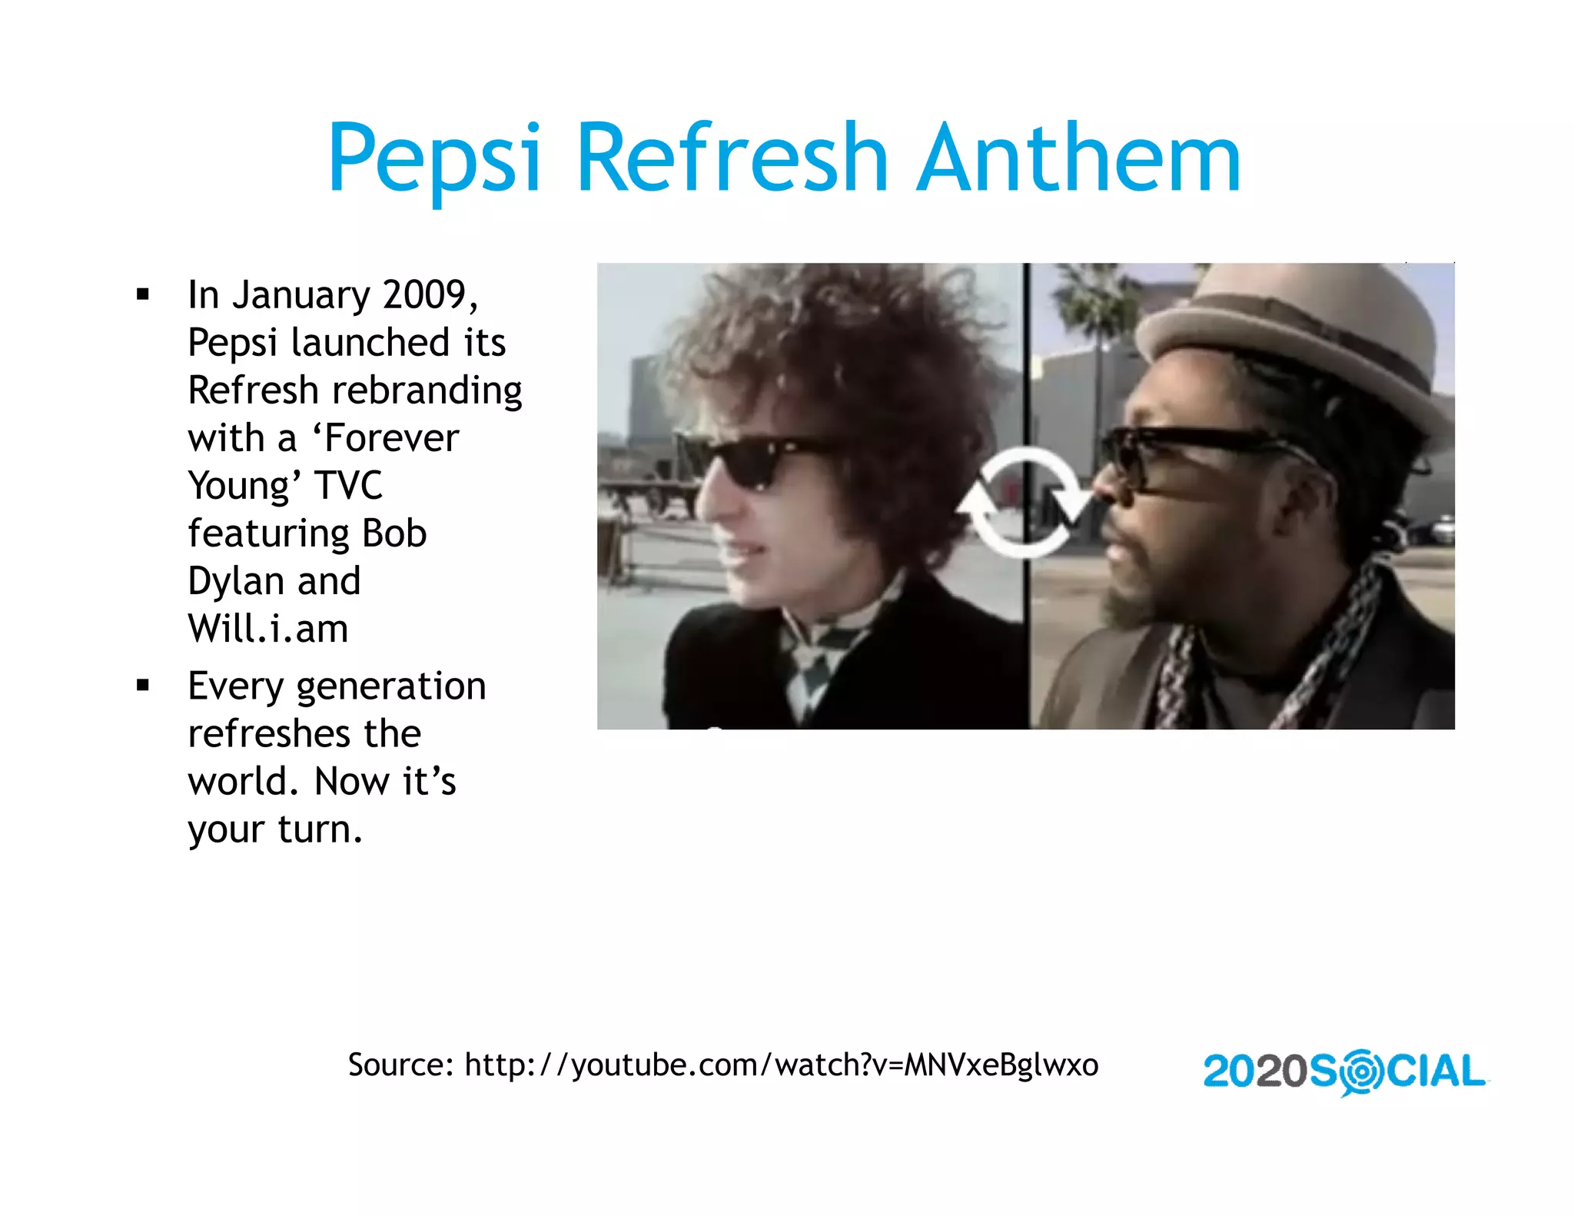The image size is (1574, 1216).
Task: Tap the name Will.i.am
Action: [268, 629]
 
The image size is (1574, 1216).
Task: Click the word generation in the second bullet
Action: [391, 687]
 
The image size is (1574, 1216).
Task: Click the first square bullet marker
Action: [142, 294]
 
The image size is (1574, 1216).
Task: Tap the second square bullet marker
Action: [142, 686]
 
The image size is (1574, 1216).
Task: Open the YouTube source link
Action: [781, 1065]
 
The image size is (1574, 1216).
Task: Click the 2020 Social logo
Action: [1344, 1071]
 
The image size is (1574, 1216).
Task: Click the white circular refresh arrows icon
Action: [1024, 503]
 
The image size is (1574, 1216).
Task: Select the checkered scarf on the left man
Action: [815, 661]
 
